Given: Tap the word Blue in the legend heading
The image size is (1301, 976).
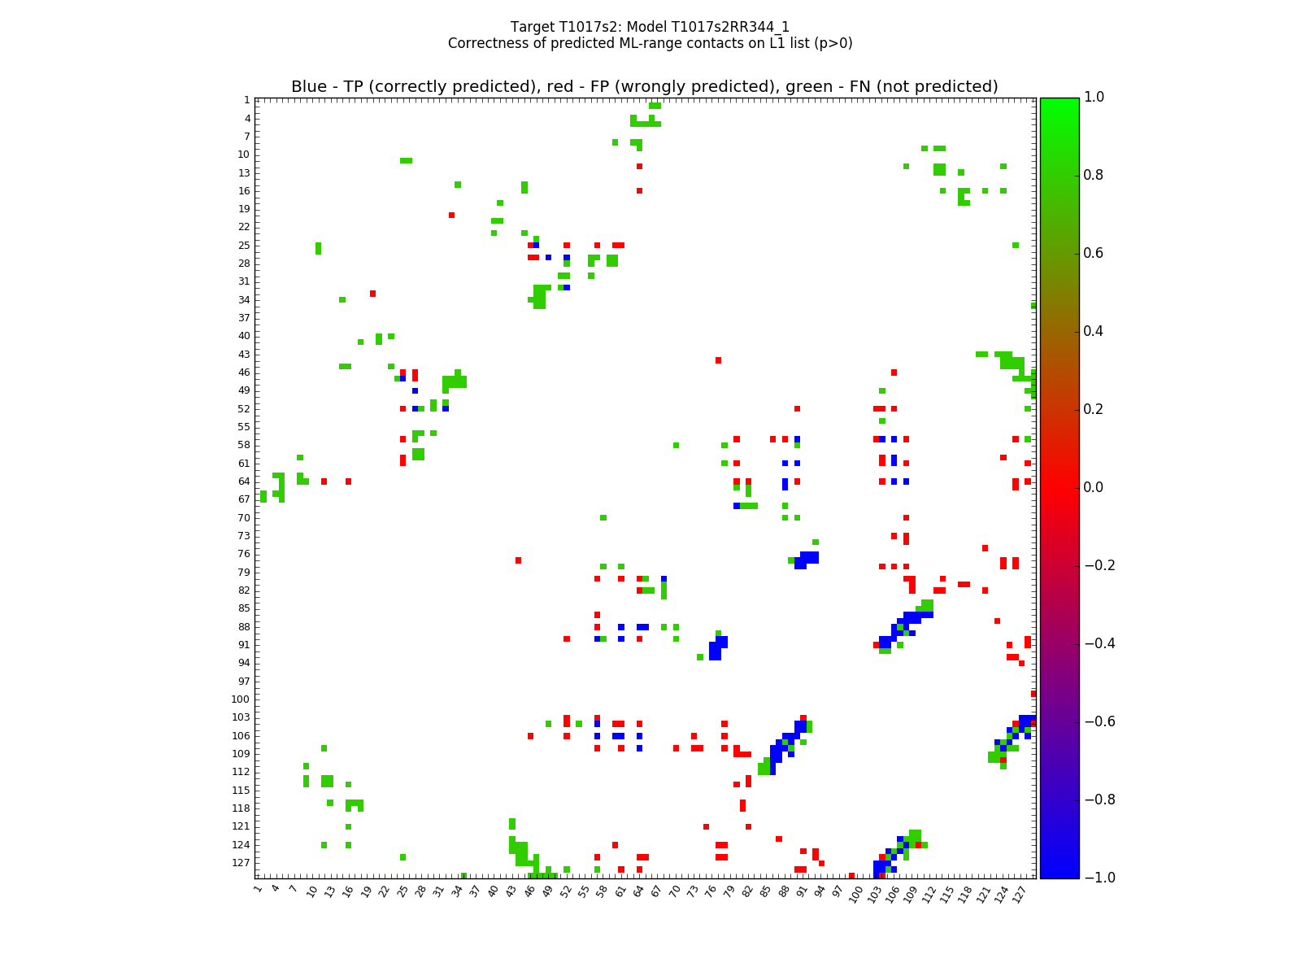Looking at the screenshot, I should click(x=309, y=87).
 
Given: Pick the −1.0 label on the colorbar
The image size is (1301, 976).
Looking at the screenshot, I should click(x=1094, y=878).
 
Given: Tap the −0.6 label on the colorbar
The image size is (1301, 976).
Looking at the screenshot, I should click(x=1094, y=721).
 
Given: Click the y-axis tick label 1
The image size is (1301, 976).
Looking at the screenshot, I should click(x=246, y=100).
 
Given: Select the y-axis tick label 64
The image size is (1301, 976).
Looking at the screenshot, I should click(x=243, y=481).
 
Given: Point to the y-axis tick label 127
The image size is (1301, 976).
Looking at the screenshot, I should click(x=240, y=863).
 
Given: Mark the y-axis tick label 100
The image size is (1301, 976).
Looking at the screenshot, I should click(x=240, y=699).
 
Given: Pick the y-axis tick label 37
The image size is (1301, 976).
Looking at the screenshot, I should click(x=243, y=318).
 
